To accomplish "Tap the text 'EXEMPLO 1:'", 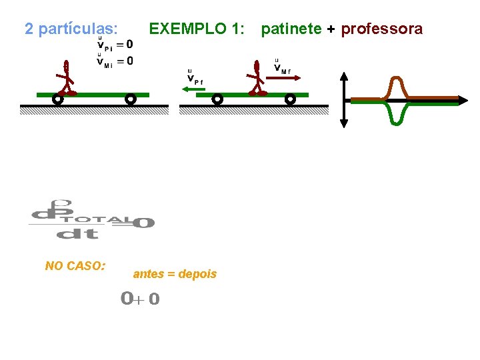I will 197,29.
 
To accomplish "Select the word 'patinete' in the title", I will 291,29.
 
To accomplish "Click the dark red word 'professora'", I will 381,29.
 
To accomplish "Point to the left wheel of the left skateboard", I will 58,99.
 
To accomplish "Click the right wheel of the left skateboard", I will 131,99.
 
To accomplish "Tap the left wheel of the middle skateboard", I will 217,99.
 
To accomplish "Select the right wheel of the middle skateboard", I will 290,99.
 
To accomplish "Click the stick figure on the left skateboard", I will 66,79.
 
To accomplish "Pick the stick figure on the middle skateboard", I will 257,79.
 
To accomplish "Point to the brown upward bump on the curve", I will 398,85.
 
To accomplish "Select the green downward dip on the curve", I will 398,115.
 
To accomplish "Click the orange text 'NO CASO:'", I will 75,266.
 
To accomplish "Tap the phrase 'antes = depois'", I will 175,274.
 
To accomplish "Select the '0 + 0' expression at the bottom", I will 140,299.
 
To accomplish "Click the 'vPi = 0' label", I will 115,45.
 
